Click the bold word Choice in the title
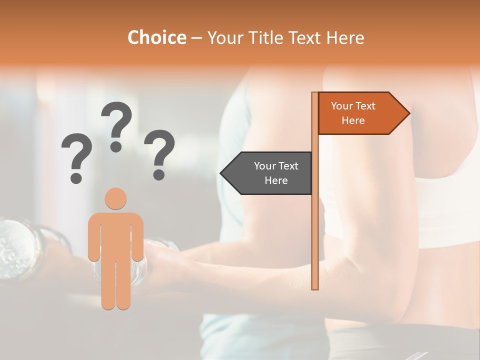click(156, 38)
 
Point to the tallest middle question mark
click(116, 122)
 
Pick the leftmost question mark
click(76, 155)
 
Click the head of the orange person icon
click(115, 199)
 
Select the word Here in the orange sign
click(353, 120)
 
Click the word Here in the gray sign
click(276, 180)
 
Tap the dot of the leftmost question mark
click(76, 177)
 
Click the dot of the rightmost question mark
click(159, 174)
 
